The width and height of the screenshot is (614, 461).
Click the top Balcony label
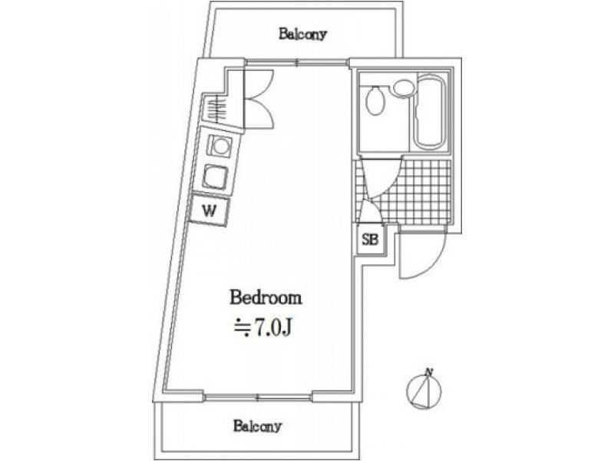point(302,34)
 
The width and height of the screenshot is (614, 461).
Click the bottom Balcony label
point(257,426)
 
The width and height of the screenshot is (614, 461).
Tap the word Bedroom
point(266,297)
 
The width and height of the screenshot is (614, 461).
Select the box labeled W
point(210,211)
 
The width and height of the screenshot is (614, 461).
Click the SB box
point(371,239)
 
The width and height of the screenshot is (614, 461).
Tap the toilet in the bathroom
point(375,101)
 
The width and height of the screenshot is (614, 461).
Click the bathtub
point(429,111)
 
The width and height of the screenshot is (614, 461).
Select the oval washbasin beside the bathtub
point(404,88)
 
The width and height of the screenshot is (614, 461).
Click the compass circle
point(424,391)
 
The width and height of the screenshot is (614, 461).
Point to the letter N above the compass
point(430,371)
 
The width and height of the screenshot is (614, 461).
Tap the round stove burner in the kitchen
point(220,147)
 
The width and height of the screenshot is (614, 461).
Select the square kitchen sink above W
point(215,177)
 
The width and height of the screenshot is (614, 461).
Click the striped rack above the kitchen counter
point(214,109)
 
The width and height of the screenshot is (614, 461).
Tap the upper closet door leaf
point(260,84)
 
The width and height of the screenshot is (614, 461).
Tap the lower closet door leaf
point(260,113)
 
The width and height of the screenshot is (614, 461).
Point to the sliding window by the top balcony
point(297,61)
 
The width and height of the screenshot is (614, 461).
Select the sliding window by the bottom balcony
point(258,397)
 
